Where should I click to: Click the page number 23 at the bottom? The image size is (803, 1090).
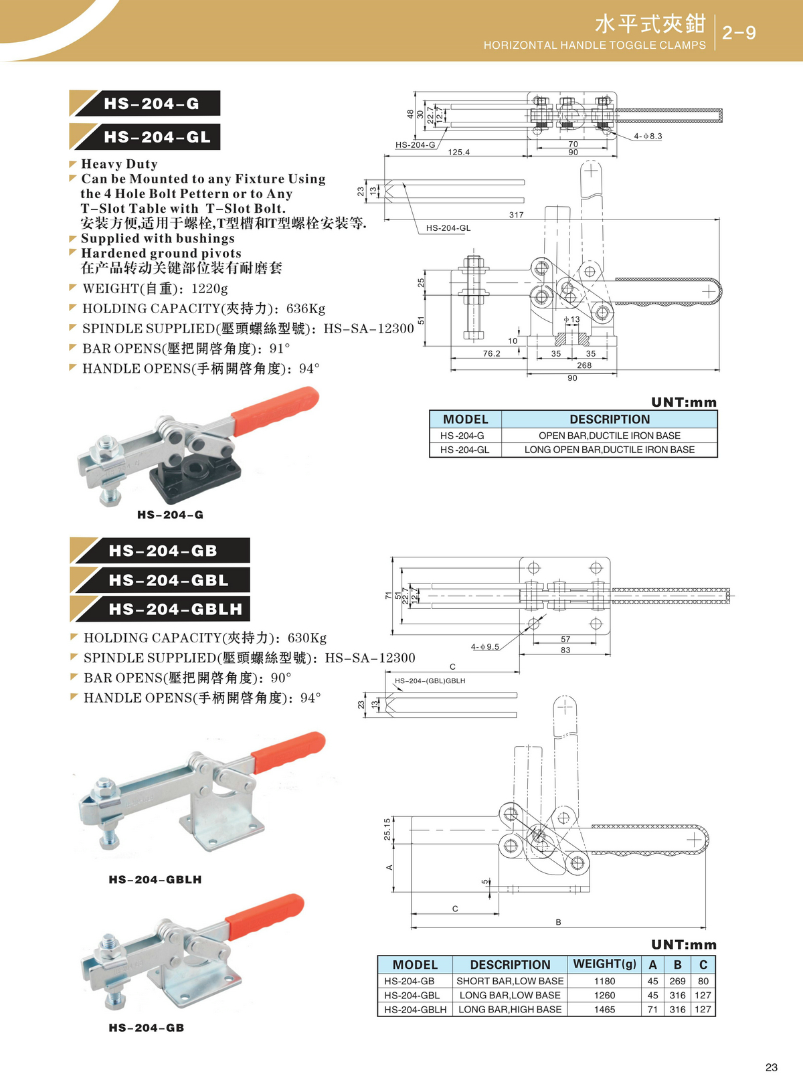[771, 1067]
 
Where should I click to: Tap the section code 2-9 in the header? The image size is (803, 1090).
[739, 33]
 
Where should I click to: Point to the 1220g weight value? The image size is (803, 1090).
[209, 288]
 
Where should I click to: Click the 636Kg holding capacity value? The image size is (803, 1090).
[306, 308]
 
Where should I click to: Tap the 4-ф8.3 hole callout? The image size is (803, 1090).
[647, 137]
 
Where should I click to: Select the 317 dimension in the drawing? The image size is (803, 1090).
[516, 215]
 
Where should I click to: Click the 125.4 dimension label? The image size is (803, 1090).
[458, 153]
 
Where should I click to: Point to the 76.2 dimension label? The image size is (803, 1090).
[491, 354]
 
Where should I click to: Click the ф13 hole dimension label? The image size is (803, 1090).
[571, 320]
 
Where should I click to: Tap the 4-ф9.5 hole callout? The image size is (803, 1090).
[484, 647]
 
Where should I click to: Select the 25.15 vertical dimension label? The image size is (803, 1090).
[387, 829]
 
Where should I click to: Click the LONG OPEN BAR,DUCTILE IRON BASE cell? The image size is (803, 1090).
[609, 450]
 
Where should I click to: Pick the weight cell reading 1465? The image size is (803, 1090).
[604, 1010]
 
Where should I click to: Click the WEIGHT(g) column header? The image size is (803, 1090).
[604, 964]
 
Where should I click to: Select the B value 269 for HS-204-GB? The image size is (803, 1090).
[677, 981]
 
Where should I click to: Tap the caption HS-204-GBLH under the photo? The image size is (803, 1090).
[155, 879]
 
